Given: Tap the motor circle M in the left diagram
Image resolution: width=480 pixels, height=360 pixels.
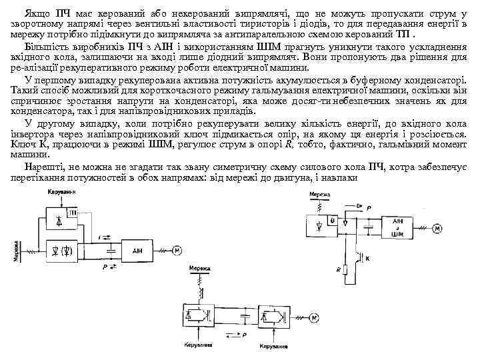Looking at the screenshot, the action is pyautogui.click(x=177, y=250).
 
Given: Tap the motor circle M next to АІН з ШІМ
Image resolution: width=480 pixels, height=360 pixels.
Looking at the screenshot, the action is pyautogui.click(x=437, y=229).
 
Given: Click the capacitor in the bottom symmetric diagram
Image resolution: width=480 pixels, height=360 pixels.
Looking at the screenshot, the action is pyautogui.click(x=235, y=314).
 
